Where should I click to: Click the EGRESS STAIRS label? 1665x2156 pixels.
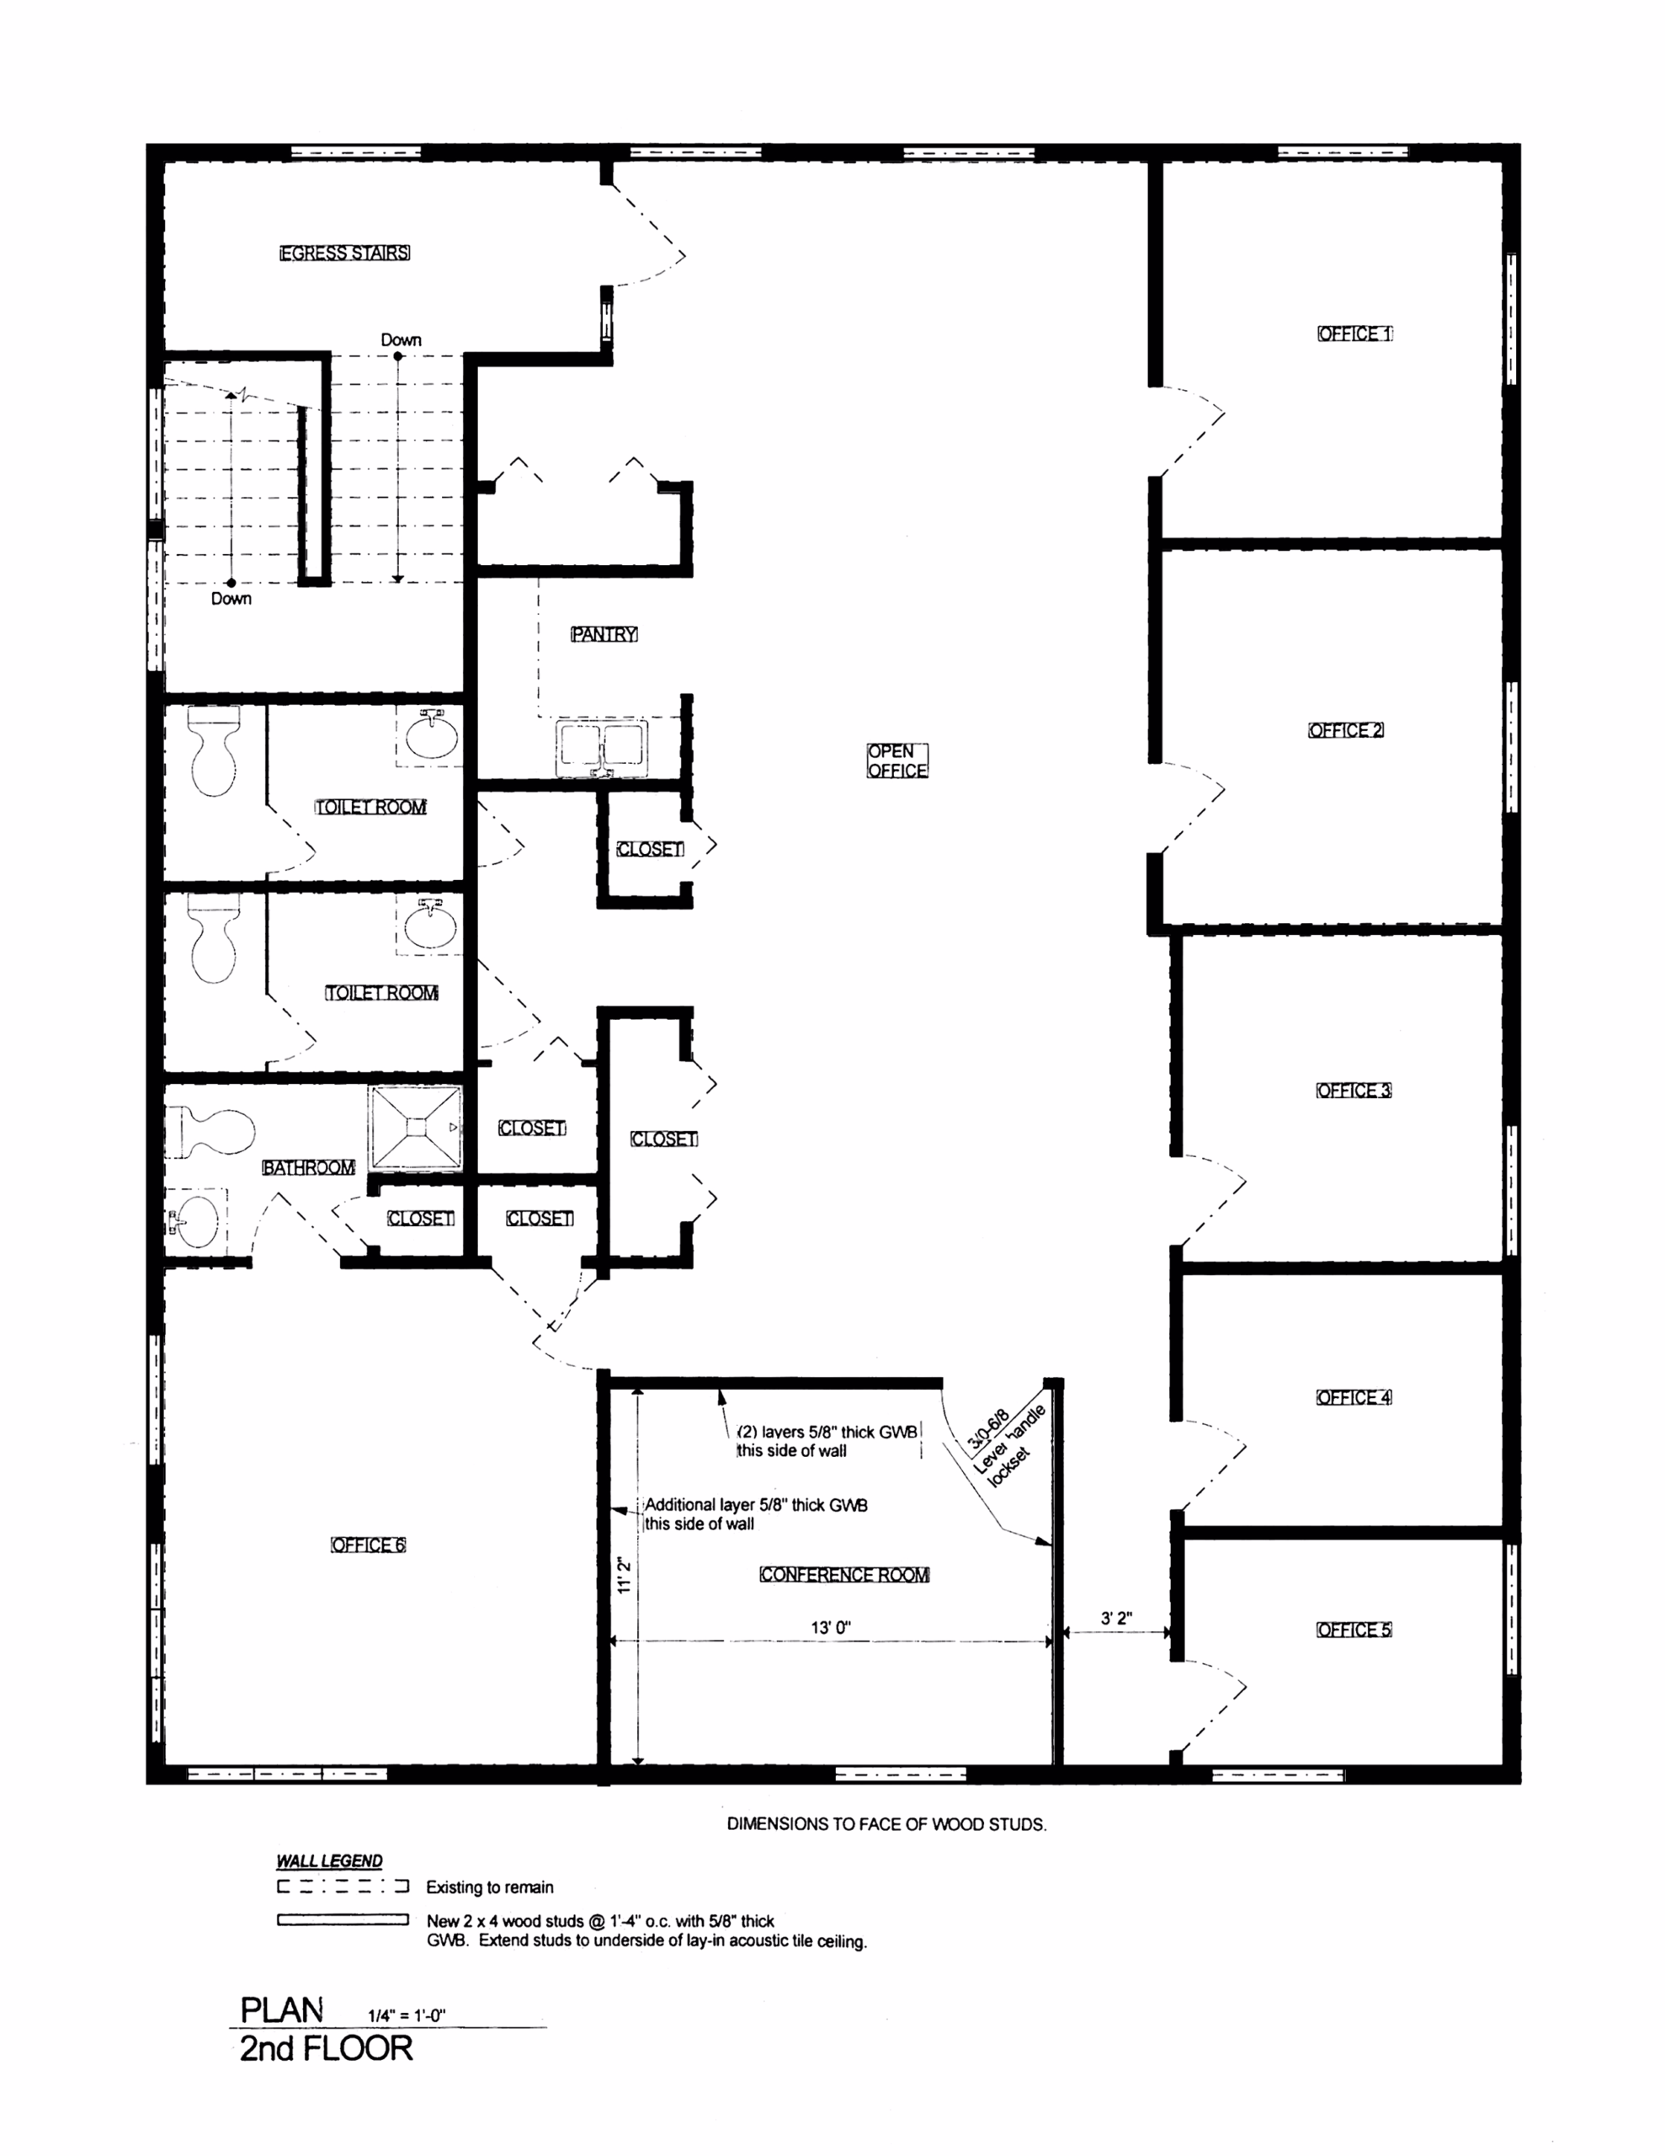344,253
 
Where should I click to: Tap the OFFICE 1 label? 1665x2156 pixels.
1354,334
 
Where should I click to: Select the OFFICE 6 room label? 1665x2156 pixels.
367,1545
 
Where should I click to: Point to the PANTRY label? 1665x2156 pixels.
604,634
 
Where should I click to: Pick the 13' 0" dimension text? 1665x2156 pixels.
831,1627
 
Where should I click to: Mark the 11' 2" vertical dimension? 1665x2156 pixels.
624,1576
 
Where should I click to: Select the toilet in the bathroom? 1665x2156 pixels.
210,1131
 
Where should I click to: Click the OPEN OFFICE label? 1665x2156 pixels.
897,761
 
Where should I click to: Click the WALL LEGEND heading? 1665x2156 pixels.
330,1861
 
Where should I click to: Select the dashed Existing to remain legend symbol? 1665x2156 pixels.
343,1886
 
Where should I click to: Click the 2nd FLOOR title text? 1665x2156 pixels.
327,2048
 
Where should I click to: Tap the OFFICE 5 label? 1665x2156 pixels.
1354,1629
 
